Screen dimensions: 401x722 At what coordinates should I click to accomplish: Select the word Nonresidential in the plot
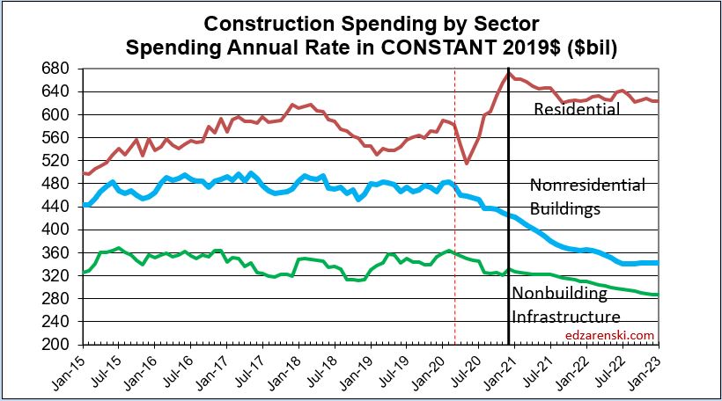(587, 185)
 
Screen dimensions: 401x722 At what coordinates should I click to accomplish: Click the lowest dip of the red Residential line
(467, 163)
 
